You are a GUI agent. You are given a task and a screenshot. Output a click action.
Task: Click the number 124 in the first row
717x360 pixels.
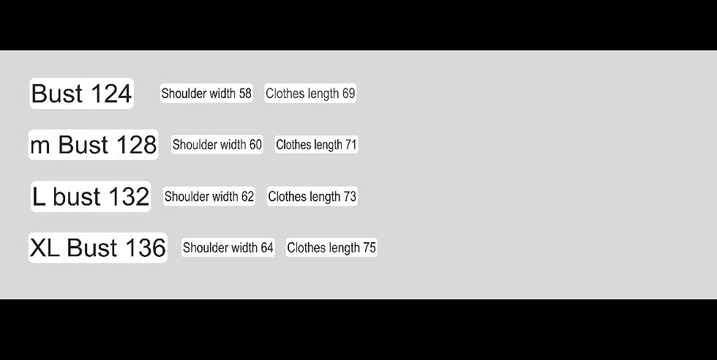click(111, 94)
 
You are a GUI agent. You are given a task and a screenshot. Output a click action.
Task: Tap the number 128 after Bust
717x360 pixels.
click(136, 145)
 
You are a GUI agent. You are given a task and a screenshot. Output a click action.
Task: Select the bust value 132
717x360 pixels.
click(129, 197)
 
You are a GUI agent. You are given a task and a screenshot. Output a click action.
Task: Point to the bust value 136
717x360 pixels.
click(146, 248)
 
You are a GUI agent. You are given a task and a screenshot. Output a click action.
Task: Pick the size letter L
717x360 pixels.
click(39, 197)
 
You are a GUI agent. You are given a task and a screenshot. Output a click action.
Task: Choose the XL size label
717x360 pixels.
click(45, 248)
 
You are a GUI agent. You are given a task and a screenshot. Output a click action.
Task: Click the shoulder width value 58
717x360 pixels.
click(245, 94)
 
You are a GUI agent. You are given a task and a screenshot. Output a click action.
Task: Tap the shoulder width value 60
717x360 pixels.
click(255, 145)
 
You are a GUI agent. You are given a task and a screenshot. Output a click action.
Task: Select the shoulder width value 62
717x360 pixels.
click(247, 196)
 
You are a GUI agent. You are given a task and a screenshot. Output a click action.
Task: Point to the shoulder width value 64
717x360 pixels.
click(267, 247)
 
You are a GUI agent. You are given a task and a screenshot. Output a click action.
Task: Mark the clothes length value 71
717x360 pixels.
click(350, 145)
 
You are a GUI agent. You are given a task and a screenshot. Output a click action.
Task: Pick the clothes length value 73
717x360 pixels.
click(350, 196)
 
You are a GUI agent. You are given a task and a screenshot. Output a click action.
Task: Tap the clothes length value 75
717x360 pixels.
click(369, 247)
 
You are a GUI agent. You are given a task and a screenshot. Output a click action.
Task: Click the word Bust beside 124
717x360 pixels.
click(58, 94)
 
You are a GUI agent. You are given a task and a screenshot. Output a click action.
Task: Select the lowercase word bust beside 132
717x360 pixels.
click(76, 197)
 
